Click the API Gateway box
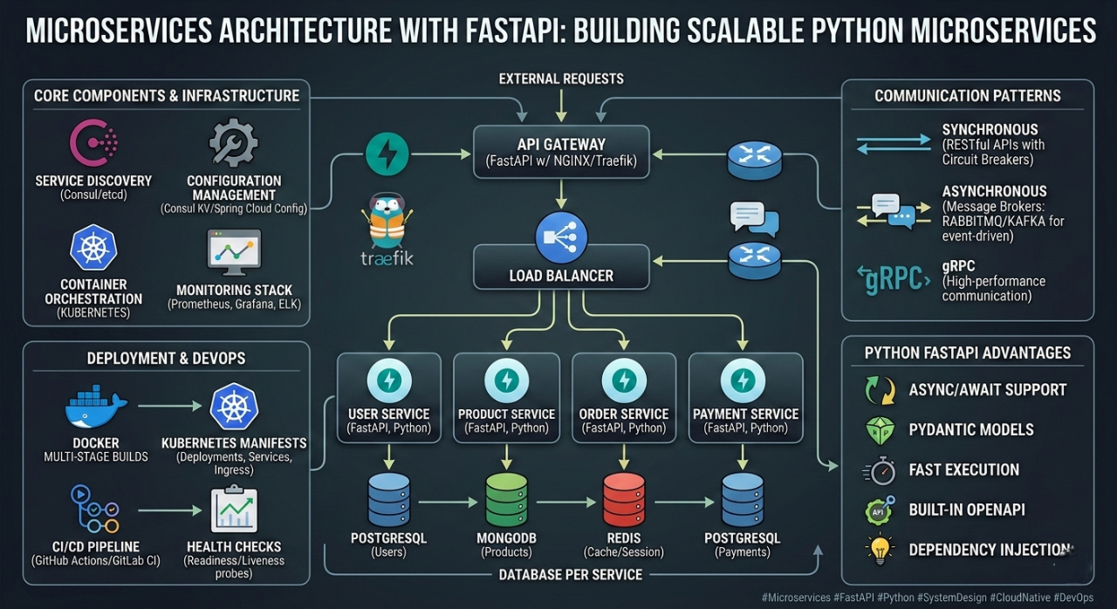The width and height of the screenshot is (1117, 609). tap(561, 152)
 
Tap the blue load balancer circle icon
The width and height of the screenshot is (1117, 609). tap(561, 237)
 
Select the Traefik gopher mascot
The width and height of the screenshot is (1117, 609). tap(387, 220)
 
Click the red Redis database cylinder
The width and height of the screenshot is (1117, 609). tap(624, 500)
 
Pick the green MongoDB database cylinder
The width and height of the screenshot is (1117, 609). tap(507, 500)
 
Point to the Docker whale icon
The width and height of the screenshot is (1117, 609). tap(96, 407)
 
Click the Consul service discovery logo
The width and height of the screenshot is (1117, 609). tap(93, 142)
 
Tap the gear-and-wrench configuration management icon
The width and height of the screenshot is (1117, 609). tap(233, 142)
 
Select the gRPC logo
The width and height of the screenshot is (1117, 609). tap(893, 279)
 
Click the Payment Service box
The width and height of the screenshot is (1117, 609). tap(745, 398)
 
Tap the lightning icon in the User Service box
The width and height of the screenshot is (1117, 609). tap(389, 380)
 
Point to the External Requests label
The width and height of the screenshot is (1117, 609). tap(561, 79)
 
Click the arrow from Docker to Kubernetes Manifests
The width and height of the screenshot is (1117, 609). tap(169, 407)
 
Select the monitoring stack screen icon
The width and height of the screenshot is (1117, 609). tap(234, 252)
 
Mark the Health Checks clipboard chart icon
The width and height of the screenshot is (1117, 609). tap(234, 509)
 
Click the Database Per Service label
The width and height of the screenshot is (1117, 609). tap(571, 575)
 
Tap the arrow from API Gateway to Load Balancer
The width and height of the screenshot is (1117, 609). tap(561, 194)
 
